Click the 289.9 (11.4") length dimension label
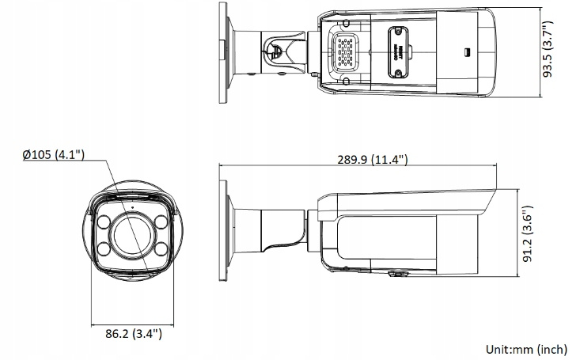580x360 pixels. click(x=371, y=160)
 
